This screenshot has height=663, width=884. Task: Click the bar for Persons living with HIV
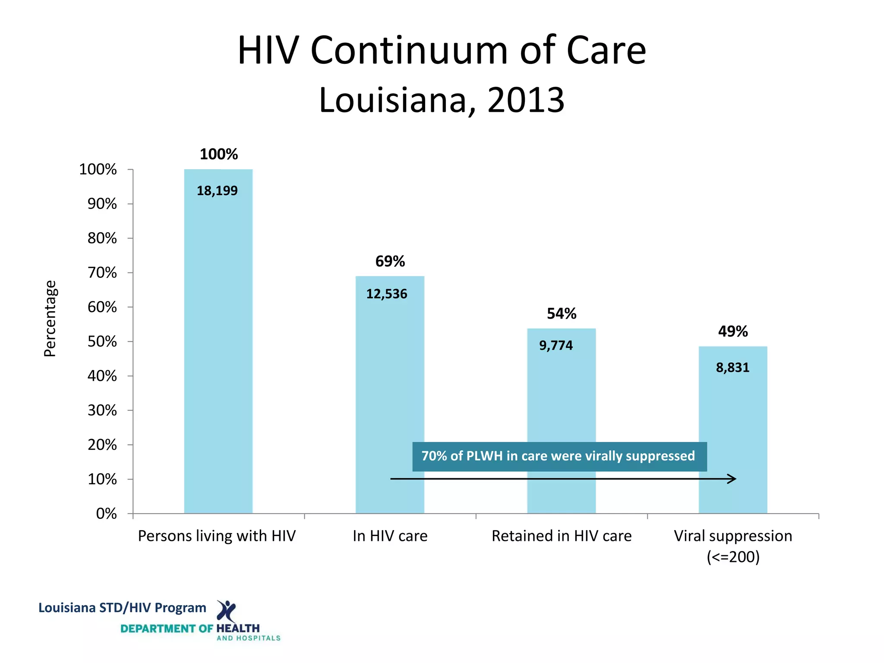(218, 345)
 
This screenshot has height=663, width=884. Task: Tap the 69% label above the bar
(390, 262)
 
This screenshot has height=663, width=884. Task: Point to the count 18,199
(217, 191)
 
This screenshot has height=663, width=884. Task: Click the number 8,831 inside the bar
(732, 368)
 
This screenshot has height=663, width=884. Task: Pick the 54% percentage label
(561, 314)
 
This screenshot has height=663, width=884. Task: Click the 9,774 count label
(556, 346)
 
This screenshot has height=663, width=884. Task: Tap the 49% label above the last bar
(732, 331)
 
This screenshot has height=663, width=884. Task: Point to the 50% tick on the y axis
(102, 342)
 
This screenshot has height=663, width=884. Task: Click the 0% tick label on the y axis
(106, 514)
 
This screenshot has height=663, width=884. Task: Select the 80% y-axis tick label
(102, 238)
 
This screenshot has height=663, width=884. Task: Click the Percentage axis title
(50, 319)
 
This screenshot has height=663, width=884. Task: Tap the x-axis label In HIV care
(390, 536)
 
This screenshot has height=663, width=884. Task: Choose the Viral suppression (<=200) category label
(733, 546)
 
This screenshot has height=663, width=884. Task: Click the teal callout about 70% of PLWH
(559, 456)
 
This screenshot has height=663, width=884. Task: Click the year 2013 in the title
(525, 100)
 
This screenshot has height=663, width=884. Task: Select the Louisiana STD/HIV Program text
(122, 608)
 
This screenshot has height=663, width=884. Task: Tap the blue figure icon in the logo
(226, 610)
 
